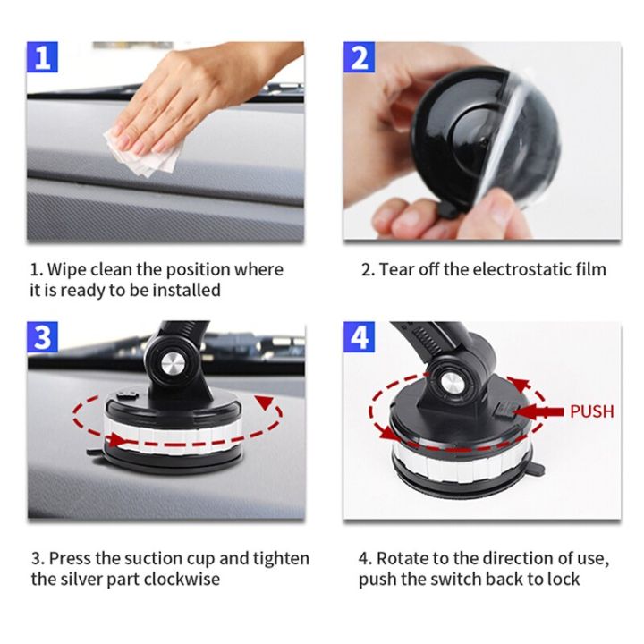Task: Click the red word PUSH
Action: pyautogui.click(x=591, y=411)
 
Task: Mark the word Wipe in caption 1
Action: pyautogui.click(x=66, y=269)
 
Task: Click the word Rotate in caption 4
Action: pyautogui.click(x=402, y=558)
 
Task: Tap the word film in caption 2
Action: pyautogui.click(x=591, y=269)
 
